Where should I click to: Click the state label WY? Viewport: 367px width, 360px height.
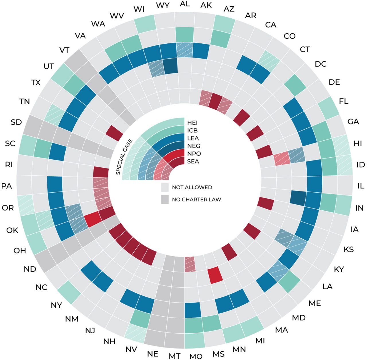[x=163, y=5]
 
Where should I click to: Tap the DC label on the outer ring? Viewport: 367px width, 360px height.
[x=321, y=64]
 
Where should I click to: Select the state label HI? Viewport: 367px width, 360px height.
[x=358, y=143]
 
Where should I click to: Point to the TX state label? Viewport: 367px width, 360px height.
[x=36, y=83]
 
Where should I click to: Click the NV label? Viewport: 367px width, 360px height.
[x=131, y=349]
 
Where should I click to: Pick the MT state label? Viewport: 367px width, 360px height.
[x=174, y=356]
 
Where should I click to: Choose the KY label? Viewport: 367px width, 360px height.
[x=339, y=269]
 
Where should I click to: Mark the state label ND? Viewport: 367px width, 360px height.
[x=30, y=269]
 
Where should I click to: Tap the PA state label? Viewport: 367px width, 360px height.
[x=6, y=186]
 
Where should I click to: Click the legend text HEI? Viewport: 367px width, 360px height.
[x=192, y=123]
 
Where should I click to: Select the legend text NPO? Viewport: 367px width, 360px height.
[x=194, y=154]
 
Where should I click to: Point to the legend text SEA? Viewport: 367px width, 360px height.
[x=193, y=161]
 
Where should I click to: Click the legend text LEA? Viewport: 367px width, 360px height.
[x=193, y=138]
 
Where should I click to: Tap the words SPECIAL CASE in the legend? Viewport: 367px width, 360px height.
[x=124, y=157]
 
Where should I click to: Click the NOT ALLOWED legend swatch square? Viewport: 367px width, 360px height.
[x=165, y=187]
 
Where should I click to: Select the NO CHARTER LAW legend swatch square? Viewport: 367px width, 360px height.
[x=165, y=200]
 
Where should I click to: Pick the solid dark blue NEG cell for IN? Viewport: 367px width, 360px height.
[x=298, y=197]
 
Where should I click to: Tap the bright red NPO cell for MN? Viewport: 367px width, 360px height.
[x=215, y=275]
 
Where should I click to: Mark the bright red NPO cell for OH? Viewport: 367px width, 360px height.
[x=93, y=220]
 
